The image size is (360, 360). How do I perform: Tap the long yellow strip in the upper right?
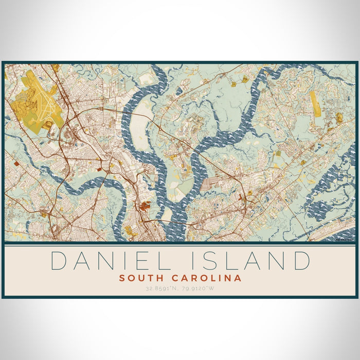314,102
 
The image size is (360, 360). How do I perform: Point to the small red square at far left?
17,163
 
